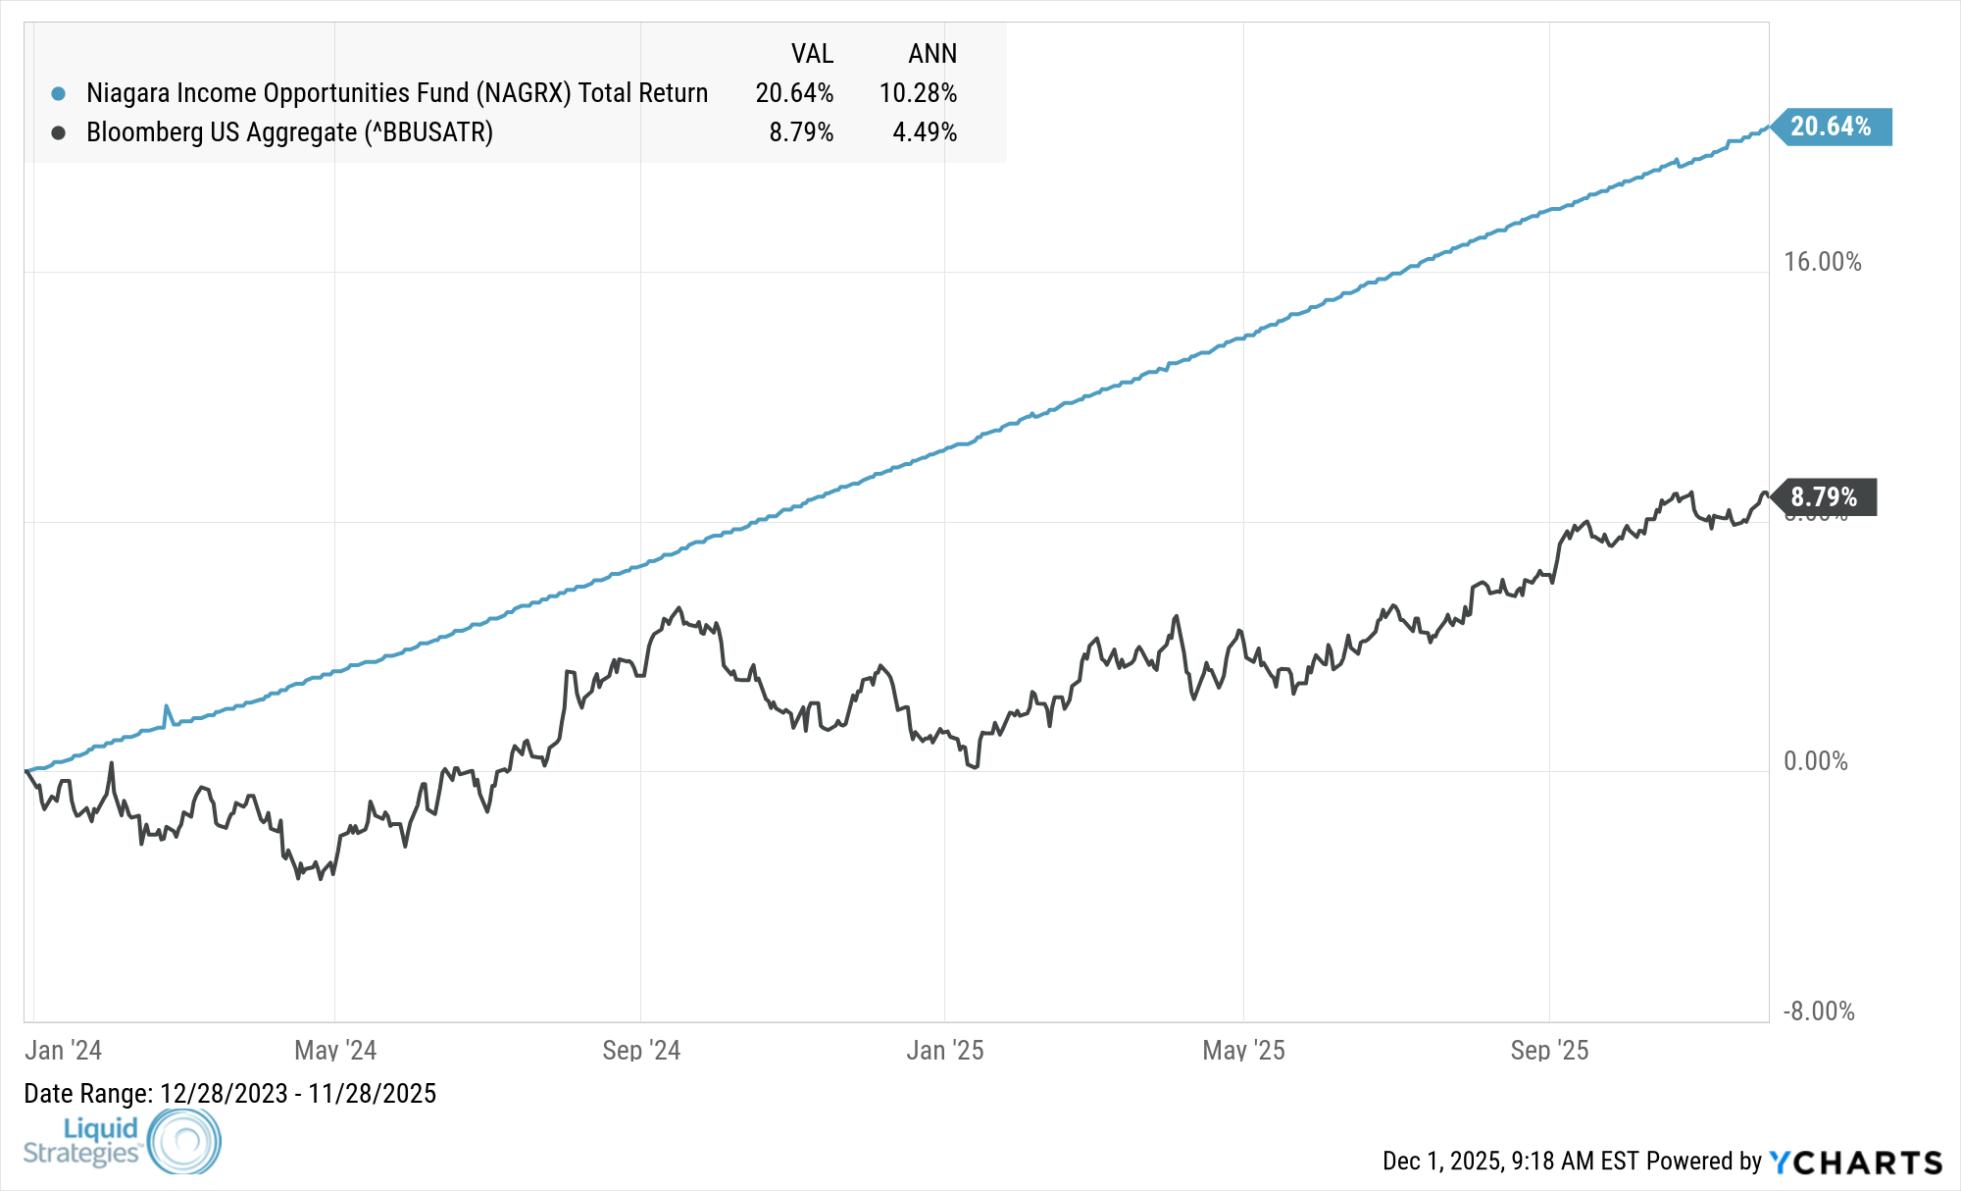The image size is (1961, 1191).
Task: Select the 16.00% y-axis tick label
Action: (x=1822, y=262)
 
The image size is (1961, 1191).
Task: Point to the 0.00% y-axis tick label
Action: (x=1815, y=761)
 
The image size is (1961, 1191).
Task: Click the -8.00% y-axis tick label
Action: (x=1818, y=1011)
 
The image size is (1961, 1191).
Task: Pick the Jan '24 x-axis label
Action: (x=63, y=1051)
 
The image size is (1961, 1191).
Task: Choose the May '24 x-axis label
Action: (x=335, y=1051)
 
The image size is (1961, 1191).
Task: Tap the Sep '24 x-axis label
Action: (x=641, y=1051)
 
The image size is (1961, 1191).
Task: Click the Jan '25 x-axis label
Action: (x=944, y=1051)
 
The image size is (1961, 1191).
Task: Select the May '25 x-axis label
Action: (x=1243, y=1051)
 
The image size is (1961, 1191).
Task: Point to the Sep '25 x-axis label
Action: (x=1549, y=1051)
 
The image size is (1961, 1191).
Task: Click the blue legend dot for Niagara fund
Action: (x=59, y=94)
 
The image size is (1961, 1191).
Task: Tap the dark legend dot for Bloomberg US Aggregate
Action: (x=59, y=132)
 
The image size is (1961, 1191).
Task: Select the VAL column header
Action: (x=812, y=54)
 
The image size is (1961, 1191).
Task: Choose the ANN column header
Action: (x=931, y=54)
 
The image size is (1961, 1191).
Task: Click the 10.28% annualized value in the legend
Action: (x=918, y=93)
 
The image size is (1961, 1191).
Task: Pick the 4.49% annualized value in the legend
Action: (x=924, y=132)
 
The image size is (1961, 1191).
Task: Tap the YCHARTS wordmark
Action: (x=1856, y=1163)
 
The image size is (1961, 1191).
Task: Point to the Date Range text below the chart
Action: (x=229, y=1094)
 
